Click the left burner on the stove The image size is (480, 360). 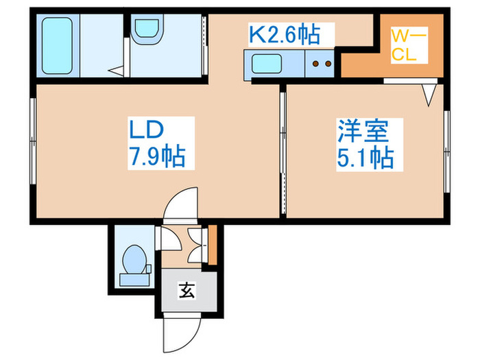[x=316, y=66]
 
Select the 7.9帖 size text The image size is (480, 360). [x=158, y=157]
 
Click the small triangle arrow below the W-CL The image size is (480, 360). [x=429, y=95]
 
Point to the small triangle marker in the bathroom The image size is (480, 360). [x=117, y=69]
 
